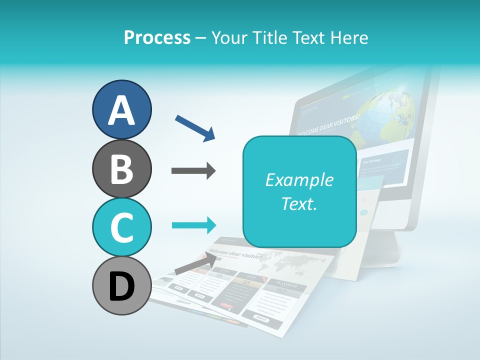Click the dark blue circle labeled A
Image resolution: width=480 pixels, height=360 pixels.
(121, 109)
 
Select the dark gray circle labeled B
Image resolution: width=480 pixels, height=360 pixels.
(121, 168)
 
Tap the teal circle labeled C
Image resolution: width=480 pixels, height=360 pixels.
(121, 227)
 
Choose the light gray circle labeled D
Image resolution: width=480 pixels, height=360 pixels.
(121, 285)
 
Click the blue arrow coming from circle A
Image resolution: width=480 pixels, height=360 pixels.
(195, 127)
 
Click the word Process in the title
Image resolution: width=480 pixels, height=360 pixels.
(157, 37)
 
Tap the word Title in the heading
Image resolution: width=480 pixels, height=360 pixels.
(275, 37)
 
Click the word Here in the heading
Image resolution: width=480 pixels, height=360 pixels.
(349, 37)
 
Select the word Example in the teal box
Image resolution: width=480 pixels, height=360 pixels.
(299, 180)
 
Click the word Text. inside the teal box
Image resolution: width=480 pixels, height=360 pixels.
(299, 203)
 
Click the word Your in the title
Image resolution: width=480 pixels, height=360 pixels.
(228, 37)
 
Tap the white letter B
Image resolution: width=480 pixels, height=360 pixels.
(121, 168)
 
